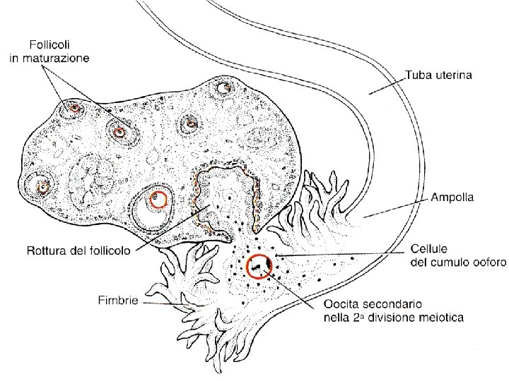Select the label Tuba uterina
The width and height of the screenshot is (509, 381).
(x=439, y=73)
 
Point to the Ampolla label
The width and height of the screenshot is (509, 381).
(x=452, y=198)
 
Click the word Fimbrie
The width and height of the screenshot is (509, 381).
(x=117, y=300)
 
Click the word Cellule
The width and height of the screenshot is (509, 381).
(x=430, y=249)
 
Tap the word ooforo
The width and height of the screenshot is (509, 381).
(x=487, y=262)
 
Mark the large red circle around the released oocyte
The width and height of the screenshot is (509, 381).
(x=259, y=267)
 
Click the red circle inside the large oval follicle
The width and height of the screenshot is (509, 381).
(x=160, y=200)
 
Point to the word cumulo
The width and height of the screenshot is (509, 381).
(x=447, y=262)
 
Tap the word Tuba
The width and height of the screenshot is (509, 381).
(x=417, y=73)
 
